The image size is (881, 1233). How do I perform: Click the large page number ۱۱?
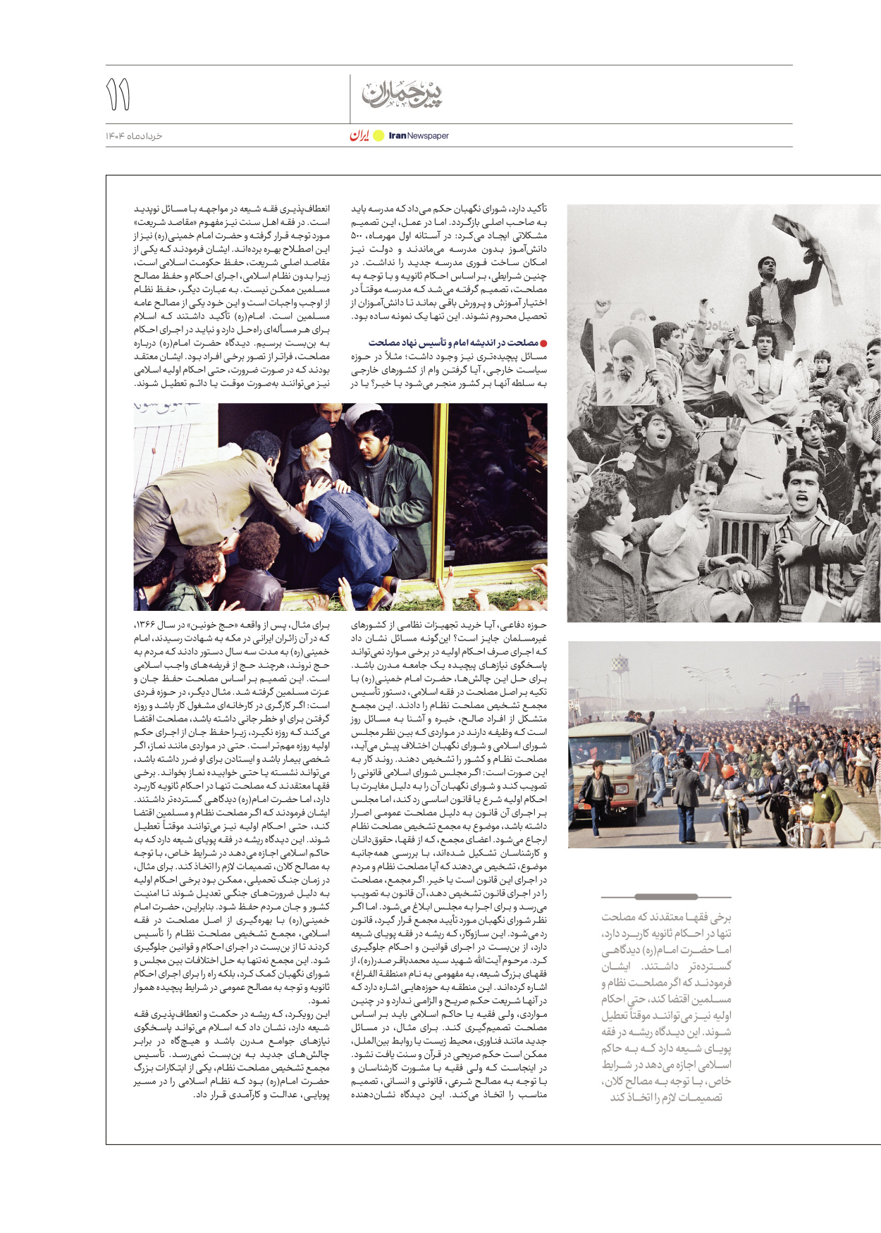click(x=118, y=95)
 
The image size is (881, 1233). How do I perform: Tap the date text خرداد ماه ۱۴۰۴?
click(x=134, y=136)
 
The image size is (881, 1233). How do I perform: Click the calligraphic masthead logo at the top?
click(x=402, y=94)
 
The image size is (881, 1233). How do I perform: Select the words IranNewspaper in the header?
click(x=419, y=136)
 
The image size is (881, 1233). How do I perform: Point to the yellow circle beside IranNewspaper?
click(x=378, y=136)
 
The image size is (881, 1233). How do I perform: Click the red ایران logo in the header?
click(x=359, y=135)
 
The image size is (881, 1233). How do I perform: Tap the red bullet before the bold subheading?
click(x=543, y=343)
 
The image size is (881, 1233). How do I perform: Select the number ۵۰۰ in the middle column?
click(x=357, y=236)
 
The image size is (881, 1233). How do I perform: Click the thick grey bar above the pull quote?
click(x=665, y=897)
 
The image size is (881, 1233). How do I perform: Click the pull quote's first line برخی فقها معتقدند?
click(x=666, y=917)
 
